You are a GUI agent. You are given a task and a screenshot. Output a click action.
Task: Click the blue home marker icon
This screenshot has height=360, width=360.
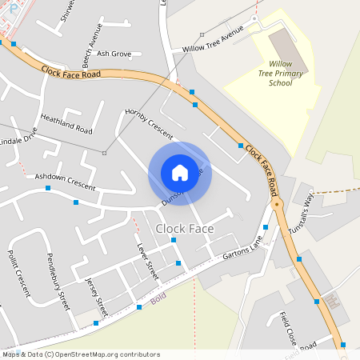179,173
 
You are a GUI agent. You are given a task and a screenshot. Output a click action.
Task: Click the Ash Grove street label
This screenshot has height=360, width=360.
114,54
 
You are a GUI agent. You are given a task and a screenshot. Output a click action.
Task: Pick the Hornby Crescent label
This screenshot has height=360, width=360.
149,122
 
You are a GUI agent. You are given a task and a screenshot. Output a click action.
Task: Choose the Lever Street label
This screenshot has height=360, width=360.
148,262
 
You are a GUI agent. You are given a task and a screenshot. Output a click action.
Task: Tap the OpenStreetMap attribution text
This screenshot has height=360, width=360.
80,354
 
